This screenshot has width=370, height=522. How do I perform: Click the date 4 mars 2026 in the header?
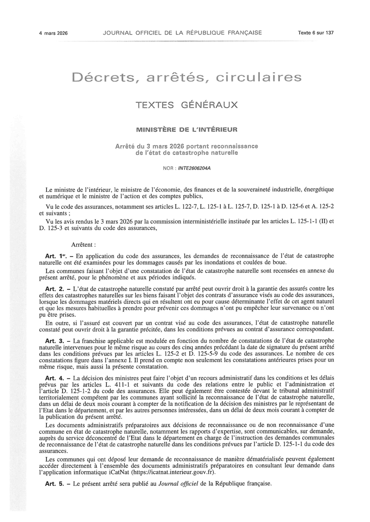tap(53, 33)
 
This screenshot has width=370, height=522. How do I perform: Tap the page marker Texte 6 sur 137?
tap(316, 33)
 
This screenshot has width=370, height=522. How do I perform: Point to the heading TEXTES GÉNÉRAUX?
tap(187, 105)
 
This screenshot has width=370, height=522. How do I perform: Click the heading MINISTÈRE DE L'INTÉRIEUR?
tap(187, 130)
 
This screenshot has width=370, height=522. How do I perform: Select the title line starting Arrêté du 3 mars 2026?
tap(187, 146)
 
